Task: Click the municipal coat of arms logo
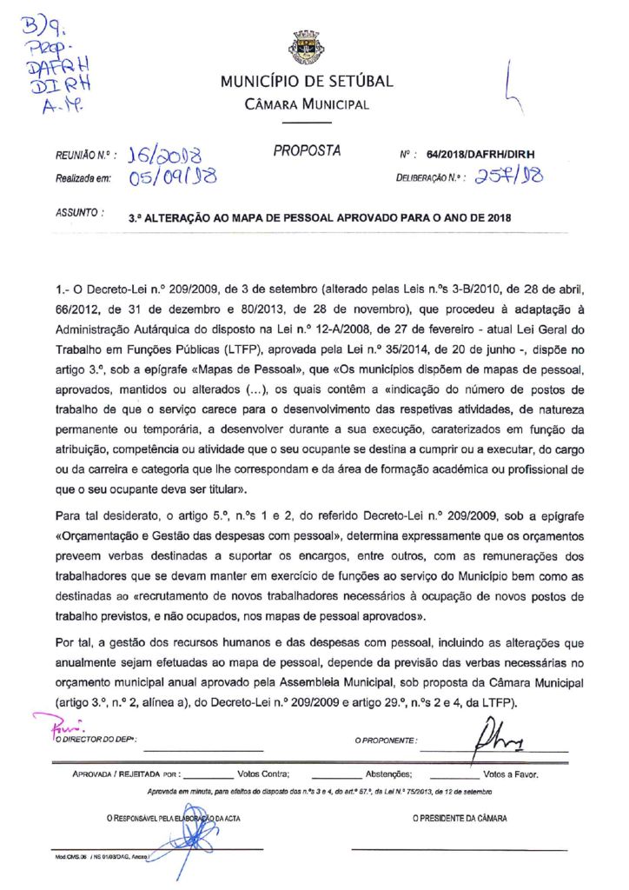click(307, 46)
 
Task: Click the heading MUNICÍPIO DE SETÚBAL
click(307, 82)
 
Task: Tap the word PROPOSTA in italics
click(307, 151)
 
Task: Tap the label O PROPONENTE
click(385, 741)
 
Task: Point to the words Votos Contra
click(263, 773)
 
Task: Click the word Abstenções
click(388, 773)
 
